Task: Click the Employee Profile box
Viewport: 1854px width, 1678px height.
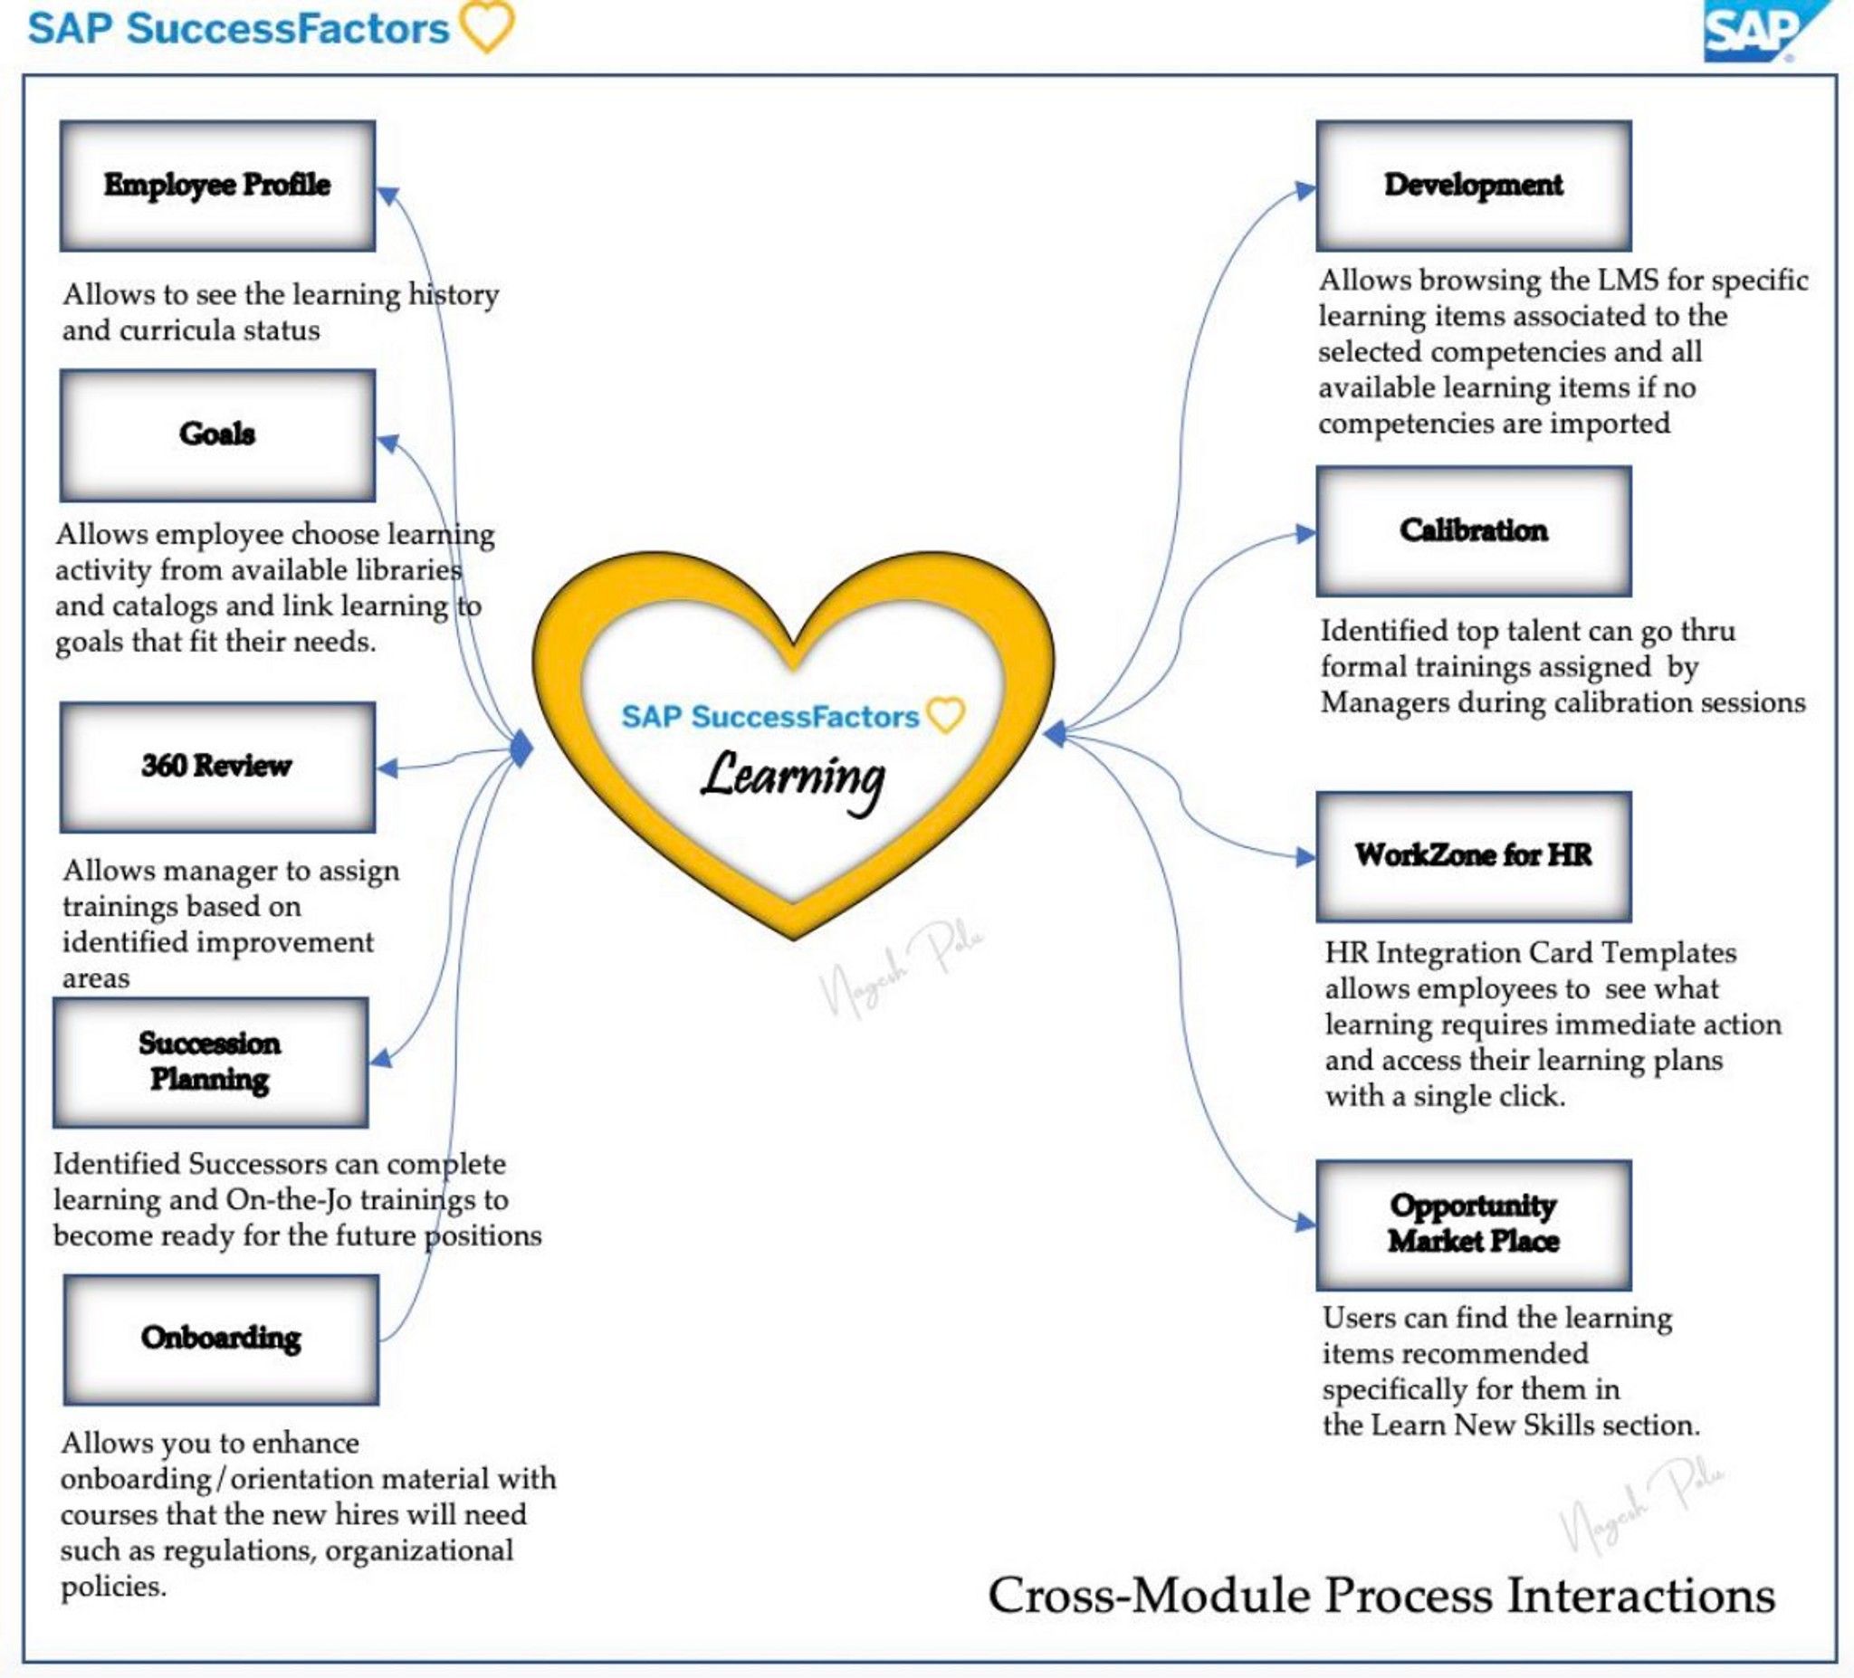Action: [x=217, y=186]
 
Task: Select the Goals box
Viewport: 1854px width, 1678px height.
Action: [x=217, y=435]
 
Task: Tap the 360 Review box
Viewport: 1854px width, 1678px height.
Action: [x=217, y=767]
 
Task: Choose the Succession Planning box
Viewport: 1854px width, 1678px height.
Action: [x=211, y=1062]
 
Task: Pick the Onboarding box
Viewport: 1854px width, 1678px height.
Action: [x=221, y=1339]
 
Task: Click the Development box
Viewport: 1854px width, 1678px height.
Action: [x=1473, y=186]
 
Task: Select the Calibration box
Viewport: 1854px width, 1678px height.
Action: [x=1473, y=531]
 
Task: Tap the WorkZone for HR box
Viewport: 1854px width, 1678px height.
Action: [x=1473, y=856]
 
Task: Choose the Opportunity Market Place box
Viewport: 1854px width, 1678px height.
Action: [x=1473, y=1225]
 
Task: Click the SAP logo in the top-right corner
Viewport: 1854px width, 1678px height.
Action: [x=1764, y=31]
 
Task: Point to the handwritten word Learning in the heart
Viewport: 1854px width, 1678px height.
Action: [x=793, y=778]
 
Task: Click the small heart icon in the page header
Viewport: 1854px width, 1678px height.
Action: [x=487, y=25]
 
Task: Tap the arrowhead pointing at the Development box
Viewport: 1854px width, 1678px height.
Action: [x=1305, y=190]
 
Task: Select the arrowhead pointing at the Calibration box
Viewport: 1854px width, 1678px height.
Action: [x=1305, y=533]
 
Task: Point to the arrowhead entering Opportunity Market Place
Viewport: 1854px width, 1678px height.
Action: [x=1305, y=1222]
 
